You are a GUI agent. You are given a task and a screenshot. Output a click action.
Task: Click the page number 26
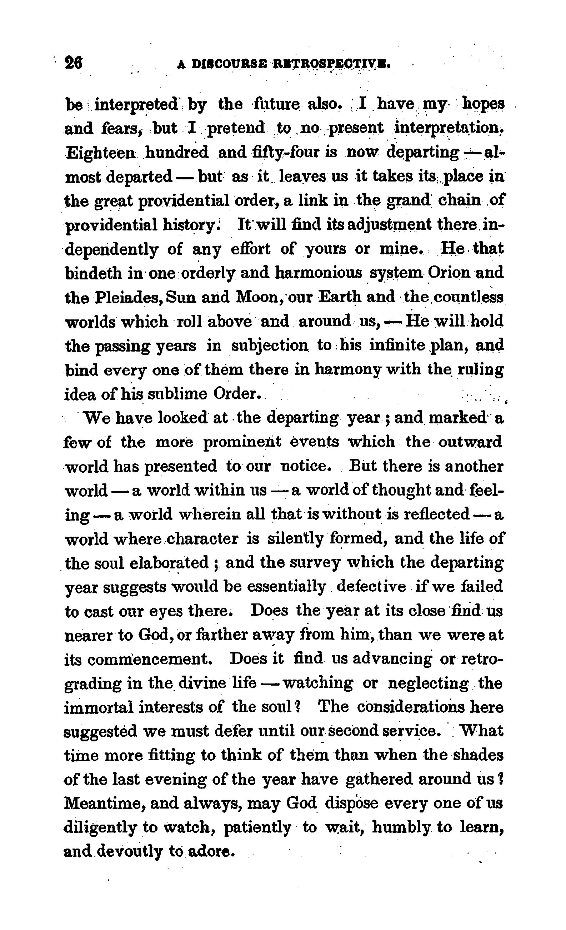click(74, 63)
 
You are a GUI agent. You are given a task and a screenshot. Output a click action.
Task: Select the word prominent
click(242, 442)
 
